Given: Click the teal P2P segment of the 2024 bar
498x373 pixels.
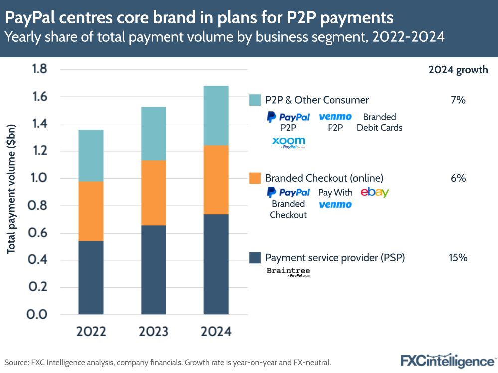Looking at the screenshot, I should point(216,116).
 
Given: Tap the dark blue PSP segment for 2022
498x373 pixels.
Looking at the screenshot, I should point(91,277).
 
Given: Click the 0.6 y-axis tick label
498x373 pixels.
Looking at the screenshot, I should point(39,233).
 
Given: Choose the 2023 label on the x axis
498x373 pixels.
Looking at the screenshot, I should point(154,332).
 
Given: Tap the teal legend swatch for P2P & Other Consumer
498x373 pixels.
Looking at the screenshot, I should point(255,100).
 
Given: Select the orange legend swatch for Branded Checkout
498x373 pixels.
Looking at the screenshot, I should point(255,178).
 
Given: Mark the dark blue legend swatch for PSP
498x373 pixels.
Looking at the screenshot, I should point(255,258).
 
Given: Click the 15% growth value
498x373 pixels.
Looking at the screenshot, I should point(458,258).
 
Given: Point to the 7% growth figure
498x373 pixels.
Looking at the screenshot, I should point(458,100).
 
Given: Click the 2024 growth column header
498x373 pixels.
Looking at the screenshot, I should point(458,70).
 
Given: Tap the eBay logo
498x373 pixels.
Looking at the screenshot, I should point(375,192).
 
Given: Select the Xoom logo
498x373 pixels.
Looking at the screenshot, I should point(288,142).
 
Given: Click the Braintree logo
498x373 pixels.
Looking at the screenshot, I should point(288,272).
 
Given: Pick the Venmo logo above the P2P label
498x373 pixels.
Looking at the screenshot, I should point(335,117).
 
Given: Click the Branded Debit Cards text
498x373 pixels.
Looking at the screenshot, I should point(379,122).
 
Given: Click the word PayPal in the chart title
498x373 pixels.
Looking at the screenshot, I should point(33,18).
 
